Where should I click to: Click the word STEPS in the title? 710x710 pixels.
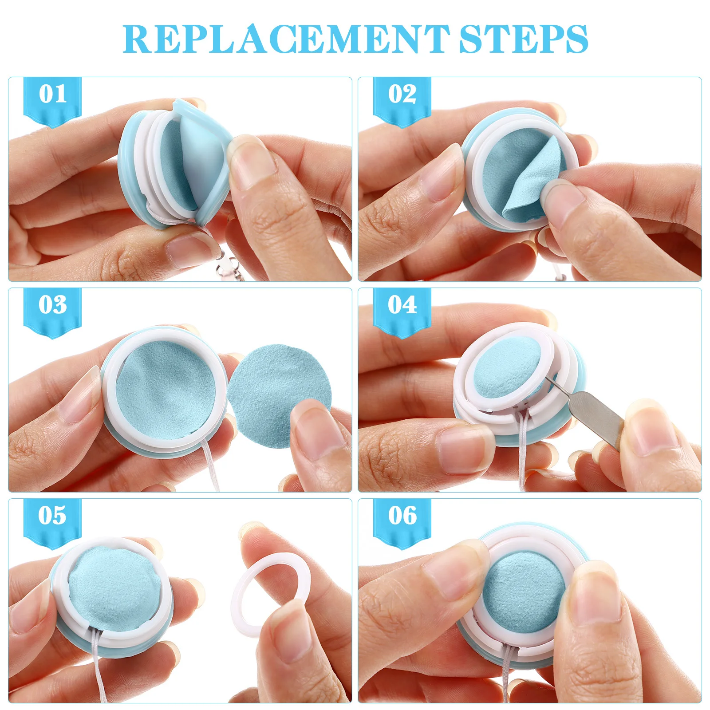tap(524, 39)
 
